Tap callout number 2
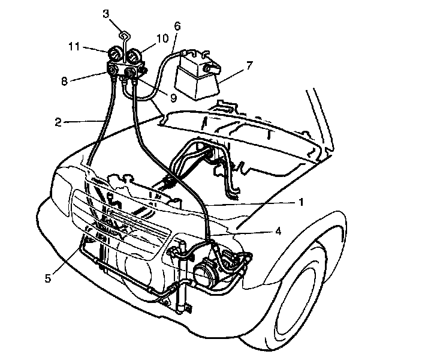58,122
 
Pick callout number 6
177,26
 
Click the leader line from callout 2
81,122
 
